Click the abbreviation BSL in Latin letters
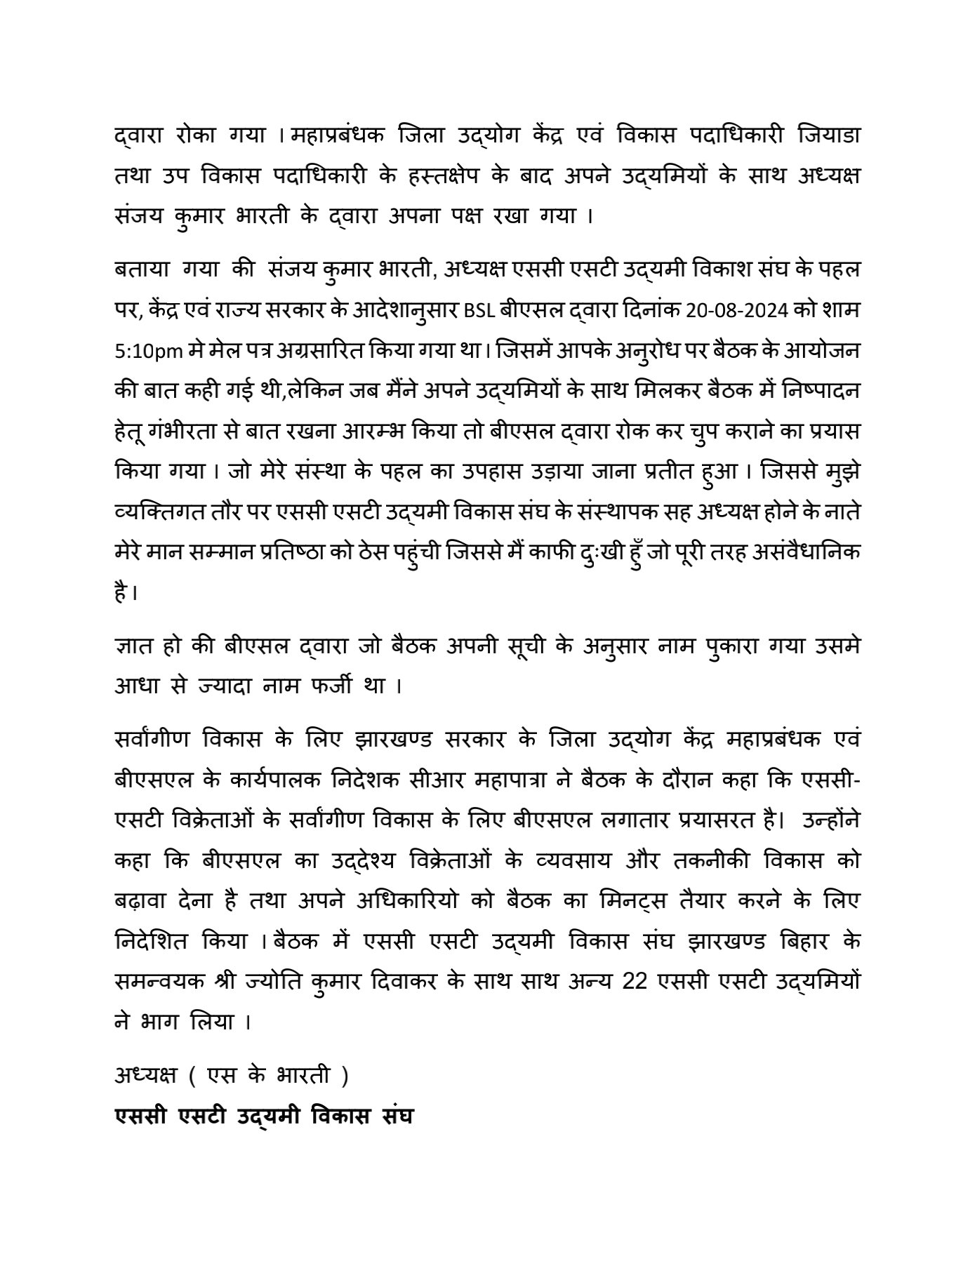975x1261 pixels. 480,310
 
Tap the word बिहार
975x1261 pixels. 791,941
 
